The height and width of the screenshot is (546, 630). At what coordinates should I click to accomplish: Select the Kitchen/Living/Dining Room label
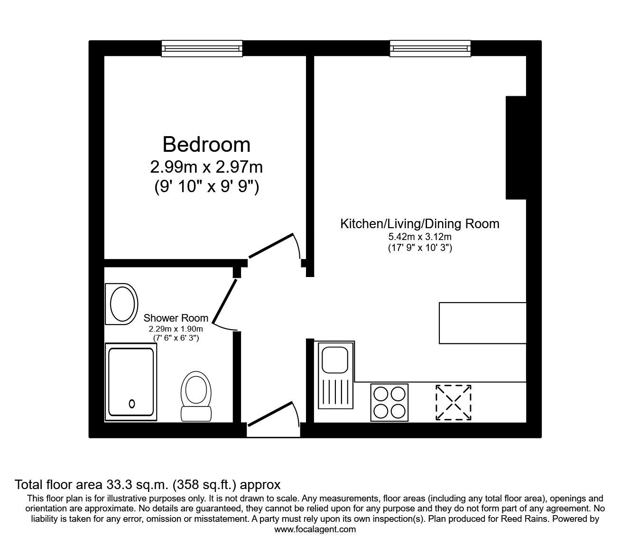pos(419,223)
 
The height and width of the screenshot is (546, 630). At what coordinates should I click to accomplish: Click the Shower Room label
pos(176,318)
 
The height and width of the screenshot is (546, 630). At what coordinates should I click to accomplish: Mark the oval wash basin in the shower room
pos(122,304)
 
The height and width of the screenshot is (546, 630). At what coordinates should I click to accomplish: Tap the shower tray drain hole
pos(131,404)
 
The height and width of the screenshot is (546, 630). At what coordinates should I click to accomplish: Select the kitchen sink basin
pos(335,360)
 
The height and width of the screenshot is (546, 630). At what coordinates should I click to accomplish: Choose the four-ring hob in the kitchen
pos(390,401)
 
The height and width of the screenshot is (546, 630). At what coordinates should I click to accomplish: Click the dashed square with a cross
pos(454,402)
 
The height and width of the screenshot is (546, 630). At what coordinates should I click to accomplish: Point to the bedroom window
pos(202,48)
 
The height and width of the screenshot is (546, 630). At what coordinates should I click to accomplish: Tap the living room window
pos(430,48)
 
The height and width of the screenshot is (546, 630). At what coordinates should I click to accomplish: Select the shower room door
pos(224,302)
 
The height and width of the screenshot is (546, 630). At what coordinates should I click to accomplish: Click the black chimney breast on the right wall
pos(516,147)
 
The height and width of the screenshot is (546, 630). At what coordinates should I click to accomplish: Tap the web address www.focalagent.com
pos(315,529)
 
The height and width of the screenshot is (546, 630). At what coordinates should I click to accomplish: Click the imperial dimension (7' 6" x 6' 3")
pos(176,338)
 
